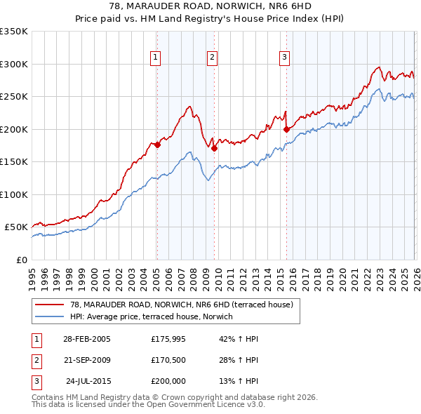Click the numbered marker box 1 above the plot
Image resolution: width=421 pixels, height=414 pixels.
point(154,58)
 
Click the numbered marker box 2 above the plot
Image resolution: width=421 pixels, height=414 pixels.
point(212,58)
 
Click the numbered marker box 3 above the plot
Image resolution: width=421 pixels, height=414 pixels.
point(284,58)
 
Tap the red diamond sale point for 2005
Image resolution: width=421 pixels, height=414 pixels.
point(157,145)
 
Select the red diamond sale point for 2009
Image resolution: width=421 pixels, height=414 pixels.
point(214,148)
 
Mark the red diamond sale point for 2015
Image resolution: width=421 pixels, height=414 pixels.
point(286,129)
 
